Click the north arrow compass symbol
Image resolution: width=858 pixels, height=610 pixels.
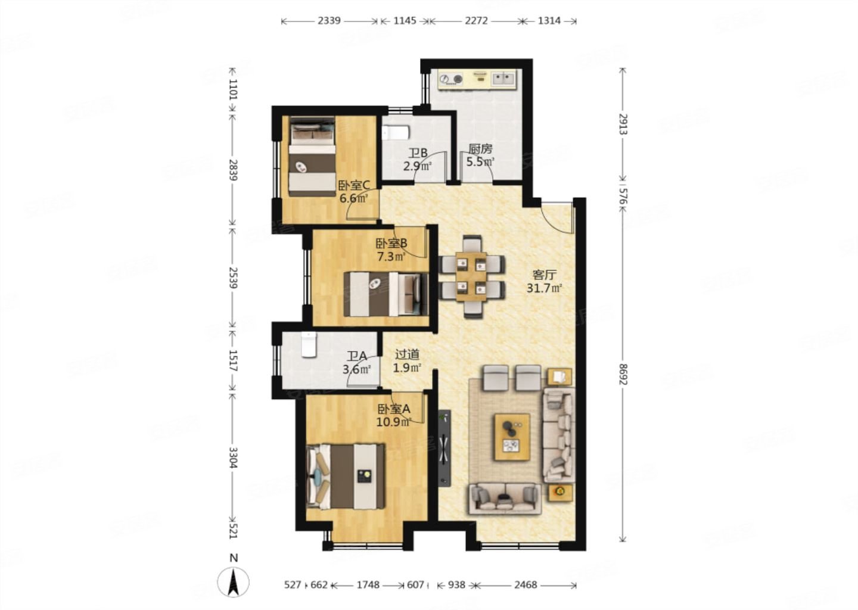click(x=233, y=581)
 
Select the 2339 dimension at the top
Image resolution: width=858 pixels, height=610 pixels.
click(x=329, y=21)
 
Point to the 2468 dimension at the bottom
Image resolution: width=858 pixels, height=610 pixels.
click(x=526, y=585)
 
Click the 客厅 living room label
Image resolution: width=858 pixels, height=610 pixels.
click(x=544, y=275)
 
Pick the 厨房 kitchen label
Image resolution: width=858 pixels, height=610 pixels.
click(x=480, y=149)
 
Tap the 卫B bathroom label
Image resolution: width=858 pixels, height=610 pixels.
click(x=418, y=153)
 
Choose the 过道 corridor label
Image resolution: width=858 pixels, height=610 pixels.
click(x=407, y=354)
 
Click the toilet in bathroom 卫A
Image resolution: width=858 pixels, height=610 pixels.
click(x=309, y=345)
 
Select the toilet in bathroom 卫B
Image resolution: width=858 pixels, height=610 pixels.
click(x=396, y=133)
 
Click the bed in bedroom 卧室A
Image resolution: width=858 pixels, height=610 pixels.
click(x=346, y=477)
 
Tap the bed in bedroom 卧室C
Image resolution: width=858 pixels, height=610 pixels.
click(x=313, y=156)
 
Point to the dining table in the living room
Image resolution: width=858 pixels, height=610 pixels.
click(x=471, y=276)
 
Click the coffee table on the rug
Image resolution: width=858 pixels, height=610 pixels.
click(x=512, y=437)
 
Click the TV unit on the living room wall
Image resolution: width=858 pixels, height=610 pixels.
click(x=444, y=448)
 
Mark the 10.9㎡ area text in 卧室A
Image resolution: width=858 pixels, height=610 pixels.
click(x=394, y=422)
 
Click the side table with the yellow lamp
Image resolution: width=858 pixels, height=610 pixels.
click(x=560, y=493)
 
